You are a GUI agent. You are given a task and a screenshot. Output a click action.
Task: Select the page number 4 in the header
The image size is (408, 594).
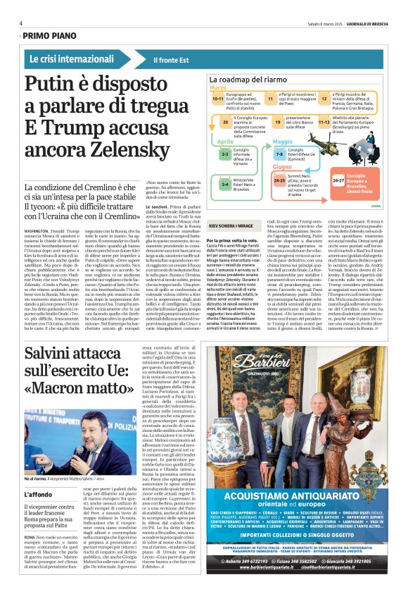[x=21, y=23]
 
